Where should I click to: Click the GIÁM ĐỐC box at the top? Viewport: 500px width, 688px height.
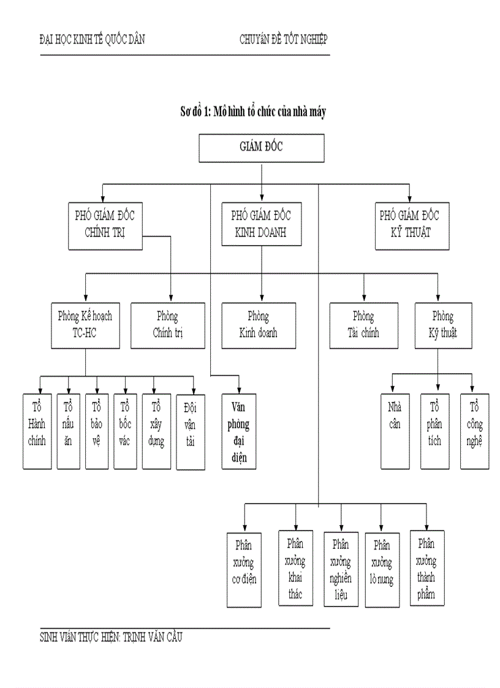tap(262, 148)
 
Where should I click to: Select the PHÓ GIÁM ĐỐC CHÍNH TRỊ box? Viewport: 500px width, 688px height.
tap(105, 225)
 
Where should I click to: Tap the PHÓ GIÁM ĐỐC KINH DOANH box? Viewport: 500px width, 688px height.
tap(262, 225)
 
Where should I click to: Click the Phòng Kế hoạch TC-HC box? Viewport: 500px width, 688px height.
tap(85, 325)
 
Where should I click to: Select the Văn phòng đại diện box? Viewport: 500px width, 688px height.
tap(239, 432)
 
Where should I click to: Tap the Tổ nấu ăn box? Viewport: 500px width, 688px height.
tap(68, 431)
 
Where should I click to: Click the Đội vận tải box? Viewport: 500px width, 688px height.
tap(190, 432)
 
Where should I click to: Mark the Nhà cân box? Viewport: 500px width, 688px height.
tap(395, 431)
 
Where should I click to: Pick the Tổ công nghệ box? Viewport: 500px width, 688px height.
tap(475, 431)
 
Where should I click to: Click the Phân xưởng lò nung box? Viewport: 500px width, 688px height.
tap(382, 569)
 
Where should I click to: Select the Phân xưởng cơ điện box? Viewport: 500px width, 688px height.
tap(244, 569)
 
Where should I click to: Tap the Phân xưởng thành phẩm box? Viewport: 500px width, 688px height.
tap(427, 568)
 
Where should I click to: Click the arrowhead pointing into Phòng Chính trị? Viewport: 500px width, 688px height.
tap(171, 298)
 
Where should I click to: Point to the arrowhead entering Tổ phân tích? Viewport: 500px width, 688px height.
tap(438, 390)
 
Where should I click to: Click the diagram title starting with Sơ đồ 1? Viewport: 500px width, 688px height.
tap(252, 112)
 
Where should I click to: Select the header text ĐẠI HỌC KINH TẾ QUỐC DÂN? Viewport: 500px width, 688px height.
tap(92, 40)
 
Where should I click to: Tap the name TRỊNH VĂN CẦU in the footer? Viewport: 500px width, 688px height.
tap(153, 637)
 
